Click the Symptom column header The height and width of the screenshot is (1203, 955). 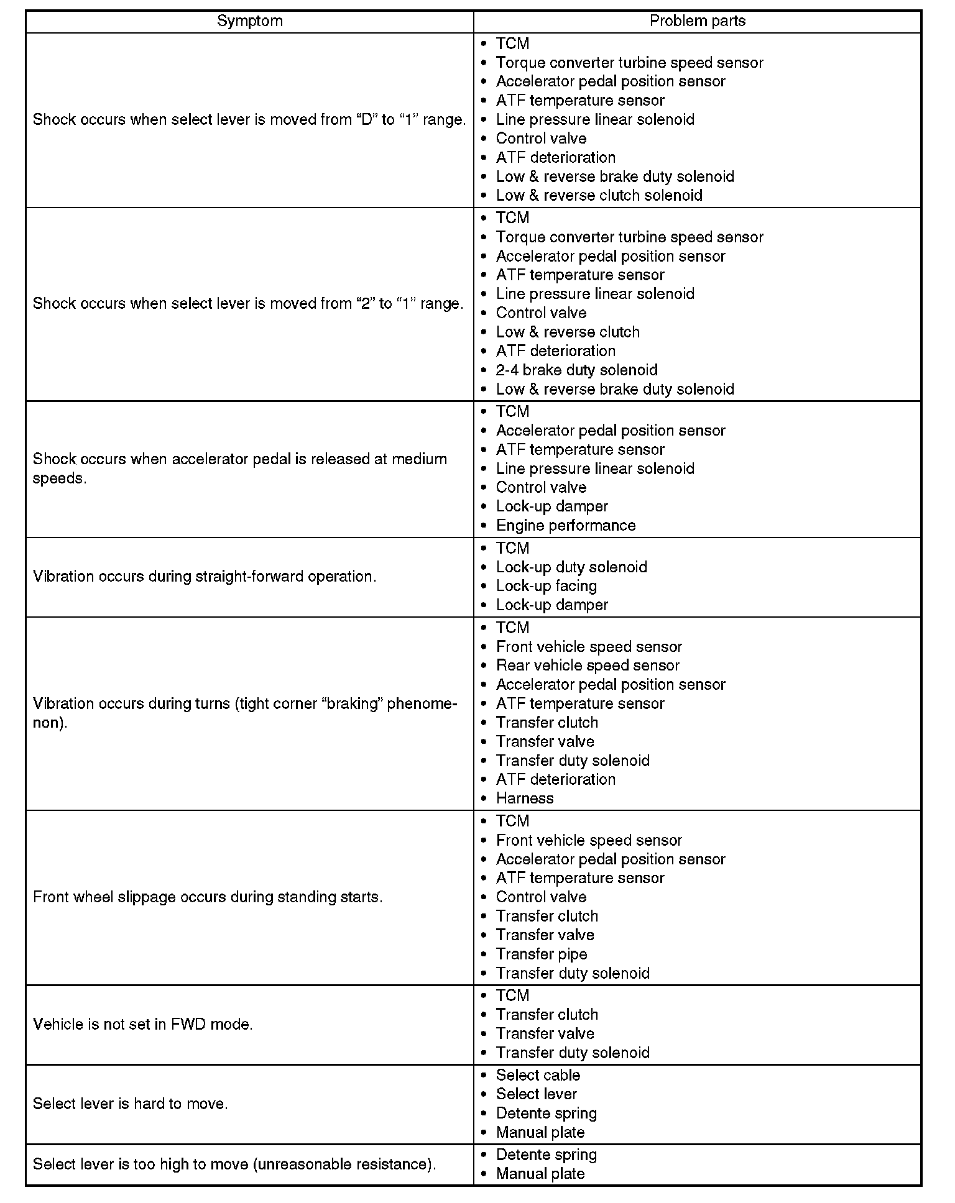(x=249, y=21)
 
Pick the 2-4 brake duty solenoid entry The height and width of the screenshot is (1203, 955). (x=576, y=370)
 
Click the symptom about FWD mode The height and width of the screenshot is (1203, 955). (x=142, y=1025)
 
